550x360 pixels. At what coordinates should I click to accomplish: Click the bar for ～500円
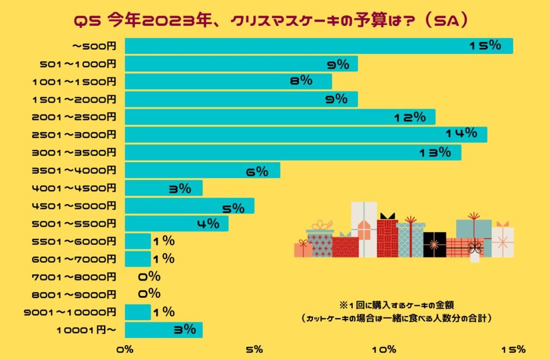319,46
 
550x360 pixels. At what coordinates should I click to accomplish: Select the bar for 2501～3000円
306,134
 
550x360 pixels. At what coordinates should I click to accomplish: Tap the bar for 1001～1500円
228,82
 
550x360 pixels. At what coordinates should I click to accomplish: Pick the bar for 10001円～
163,330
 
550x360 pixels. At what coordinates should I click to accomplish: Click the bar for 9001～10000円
137,312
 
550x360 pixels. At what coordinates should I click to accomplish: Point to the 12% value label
409,117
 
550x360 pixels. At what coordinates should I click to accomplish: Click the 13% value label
435,152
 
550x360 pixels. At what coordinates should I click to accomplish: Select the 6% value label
257,171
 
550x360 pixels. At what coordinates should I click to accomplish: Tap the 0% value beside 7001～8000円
149,276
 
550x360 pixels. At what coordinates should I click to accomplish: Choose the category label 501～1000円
78,64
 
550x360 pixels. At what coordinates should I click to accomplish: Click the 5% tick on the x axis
254,349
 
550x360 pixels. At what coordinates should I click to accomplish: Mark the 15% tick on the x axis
512,349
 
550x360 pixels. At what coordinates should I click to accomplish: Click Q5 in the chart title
86,20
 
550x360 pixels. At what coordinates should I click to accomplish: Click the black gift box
434,244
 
